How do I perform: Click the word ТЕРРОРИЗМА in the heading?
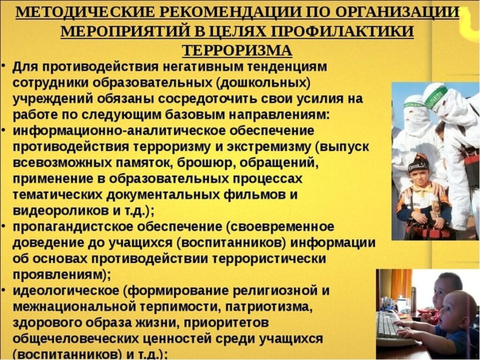[x=237, y=51]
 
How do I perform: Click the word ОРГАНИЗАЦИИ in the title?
[x=397, y=12]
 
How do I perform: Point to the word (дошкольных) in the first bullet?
[x=262, y=83]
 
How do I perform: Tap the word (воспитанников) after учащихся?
[x=231, y=243]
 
